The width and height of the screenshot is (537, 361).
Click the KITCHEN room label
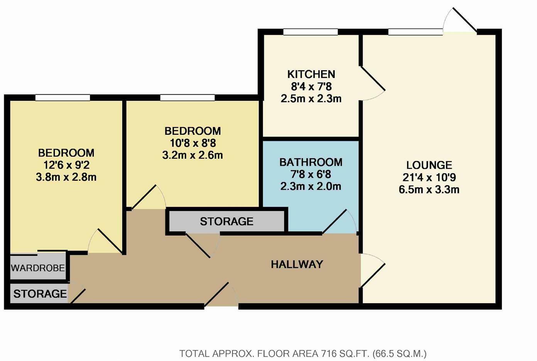(x=311, y=74)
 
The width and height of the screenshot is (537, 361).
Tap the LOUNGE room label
(x=429, y=165)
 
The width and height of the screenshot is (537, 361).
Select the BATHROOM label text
(x=311, y=162)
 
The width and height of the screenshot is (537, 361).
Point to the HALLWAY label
(x=297, y=264)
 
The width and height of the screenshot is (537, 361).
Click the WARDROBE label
(x=38, y=268)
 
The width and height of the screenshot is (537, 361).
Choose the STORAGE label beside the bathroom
(x=226, y=222)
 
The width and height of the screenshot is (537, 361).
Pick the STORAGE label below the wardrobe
(x=40, y=294)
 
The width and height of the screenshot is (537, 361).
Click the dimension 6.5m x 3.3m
(x=429, y=190)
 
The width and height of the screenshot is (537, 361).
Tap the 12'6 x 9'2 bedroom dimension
(x=66, y=165)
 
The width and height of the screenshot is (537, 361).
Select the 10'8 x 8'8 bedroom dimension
(x=193, y=143)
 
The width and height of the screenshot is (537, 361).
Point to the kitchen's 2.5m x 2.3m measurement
(x=311, y=98)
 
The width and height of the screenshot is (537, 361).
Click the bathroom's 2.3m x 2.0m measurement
(x=311, y=186)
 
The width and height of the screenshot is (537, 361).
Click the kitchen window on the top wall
(x=311, y=32)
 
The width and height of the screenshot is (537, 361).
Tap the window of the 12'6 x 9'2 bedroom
(x=62, y=98)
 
